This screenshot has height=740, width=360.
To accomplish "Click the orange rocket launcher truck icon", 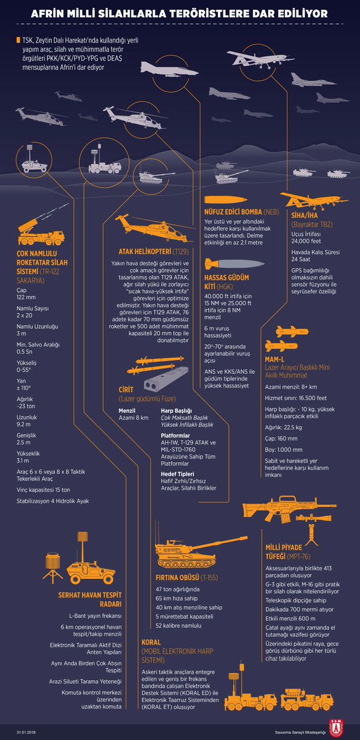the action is pyautogui.click(x=41, y=229).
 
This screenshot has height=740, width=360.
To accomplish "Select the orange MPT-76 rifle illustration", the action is pyautogui.click(x=278, y=509).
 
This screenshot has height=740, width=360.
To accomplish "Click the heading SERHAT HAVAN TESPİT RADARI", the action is pyautogui.click(x=90, y=599).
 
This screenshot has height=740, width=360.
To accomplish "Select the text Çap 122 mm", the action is pyautogui.click(x=27, y=294).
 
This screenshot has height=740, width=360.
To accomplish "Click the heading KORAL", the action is pyautogui.click(x=151, y=642).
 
